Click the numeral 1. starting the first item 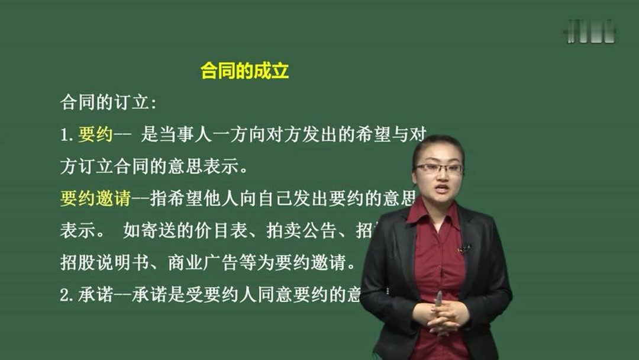(x=67, y=136)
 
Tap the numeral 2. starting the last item (x=67, y=295)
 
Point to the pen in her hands (x=438, y=299)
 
